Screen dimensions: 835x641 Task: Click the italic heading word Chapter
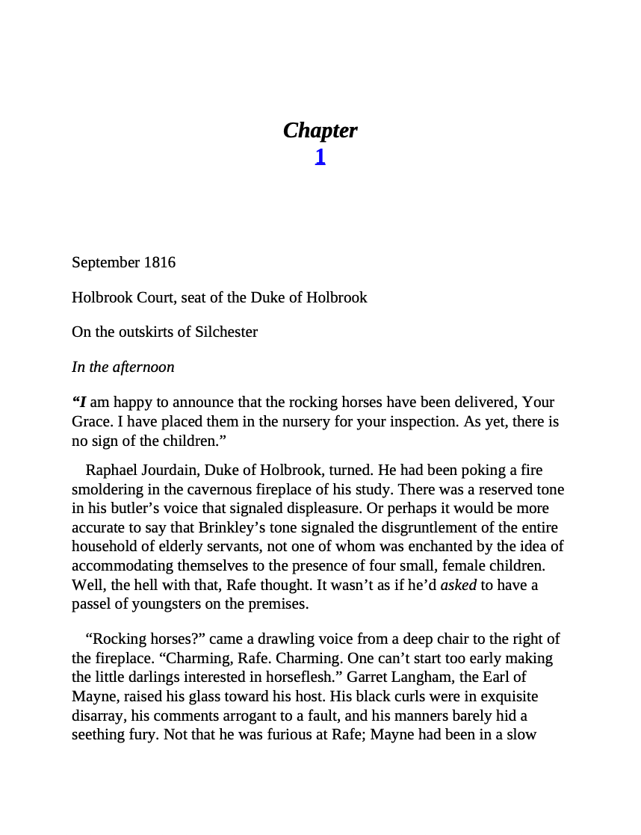click(320, 131)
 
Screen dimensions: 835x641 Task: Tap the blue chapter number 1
click(320, 157)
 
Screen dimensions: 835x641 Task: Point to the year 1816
click(160, 263)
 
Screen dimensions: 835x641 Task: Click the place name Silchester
click(226, 332)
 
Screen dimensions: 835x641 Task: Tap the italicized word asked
click(458, 586)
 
